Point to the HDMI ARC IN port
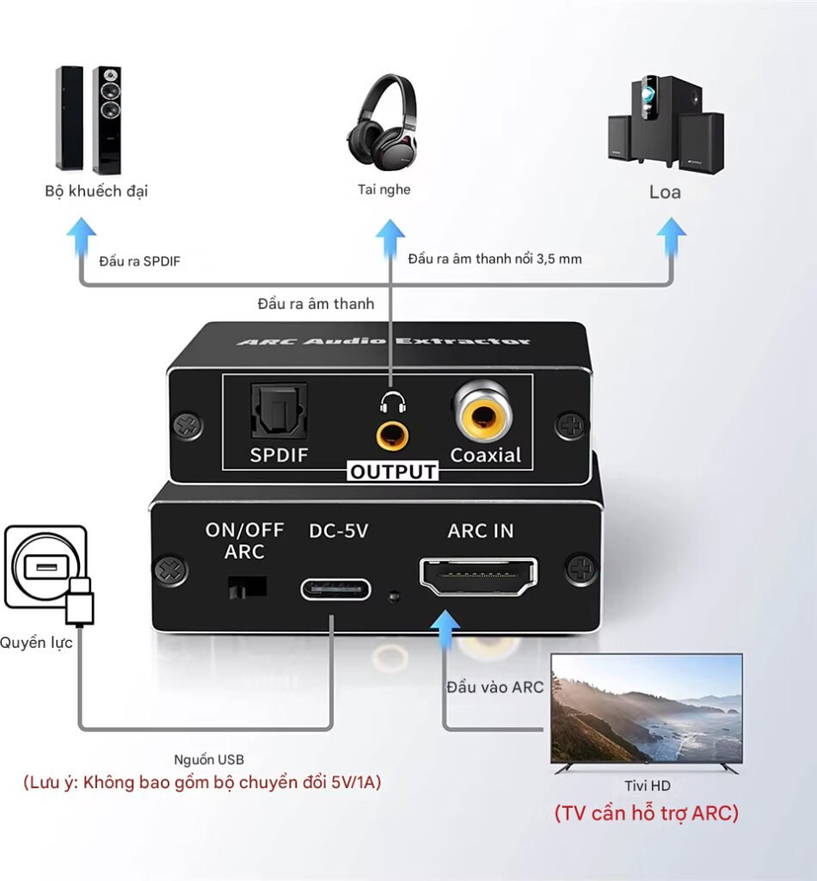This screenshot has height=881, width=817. [x=478, y=577]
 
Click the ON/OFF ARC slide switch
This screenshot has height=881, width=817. [x=245, y=587]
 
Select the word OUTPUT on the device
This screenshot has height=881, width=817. [x=393, y=471]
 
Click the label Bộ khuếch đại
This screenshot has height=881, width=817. [x=96, y=190]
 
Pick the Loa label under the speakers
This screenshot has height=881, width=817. [x=665, y=191]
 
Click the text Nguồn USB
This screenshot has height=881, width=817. [x=209, y=759]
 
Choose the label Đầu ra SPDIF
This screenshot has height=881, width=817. [x=138, y=260]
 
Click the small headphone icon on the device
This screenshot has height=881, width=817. [x=391, y=402]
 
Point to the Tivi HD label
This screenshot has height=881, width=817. [x=647, y=786]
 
